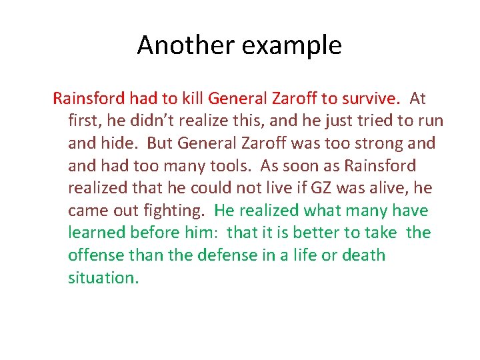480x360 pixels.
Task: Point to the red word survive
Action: (x=369, y=99)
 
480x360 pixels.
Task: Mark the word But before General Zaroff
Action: (x=160, y=143)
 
